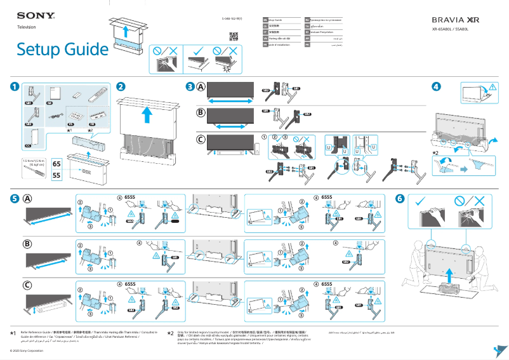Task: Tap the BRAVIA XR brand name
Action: tap(456, 20)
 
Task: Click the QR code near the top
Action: tap(233, 36)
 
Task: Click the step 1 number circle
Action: tap(14, 86)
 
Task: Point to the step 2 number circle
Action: tap(121, 86)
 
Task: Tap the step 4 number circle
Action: tap(436, 86)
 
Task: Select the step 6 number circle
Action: tap(399, 198)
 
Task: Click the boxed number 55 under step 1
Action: tap(56, 175)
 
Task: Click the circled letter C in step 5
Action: tap(28, 286)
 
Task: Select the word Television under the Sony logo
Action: tap(26, 27)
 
